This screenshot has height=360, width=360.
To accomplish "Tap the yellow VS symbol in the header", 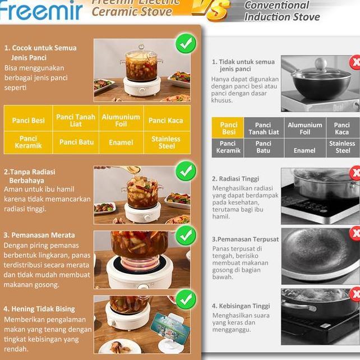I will click(x=211, y=8).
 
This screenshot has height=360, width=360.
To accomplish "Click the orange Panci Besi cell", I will click(x=28, y=121).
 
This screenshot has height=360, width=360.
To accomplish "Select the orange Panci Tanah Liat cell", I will click(x=76, y=121).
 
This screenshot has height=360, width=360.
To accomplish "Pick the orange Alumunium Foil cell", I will click(x=121, y=121).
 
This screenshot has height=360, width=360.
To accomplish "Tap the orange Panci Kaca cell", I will click(x=165, y=121).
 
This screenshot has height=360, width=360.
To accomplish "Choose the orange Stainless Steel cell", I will click(x=166, y=142).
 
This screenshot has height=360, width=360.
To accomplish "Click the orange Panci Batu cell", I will click(x=76, y=142).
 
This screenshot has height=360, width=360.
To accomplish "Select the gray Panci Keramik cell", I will click(x=228, y=147).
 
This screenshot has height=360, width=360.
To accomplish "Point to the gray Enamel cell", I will click(x=304, y=150).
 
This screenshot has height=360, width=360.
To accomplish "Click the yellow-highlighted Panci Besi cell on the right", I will click(x=229, y=128).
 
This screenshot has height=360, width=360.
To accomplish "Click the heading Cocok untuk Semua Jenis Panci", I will click(x=40, y=53).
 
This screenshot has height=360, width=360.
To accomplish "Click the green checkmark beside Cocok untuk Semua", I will click(x=186, y=43).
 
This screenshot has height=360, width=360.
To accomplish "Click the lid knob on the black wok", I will click(x=320, y=63).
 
